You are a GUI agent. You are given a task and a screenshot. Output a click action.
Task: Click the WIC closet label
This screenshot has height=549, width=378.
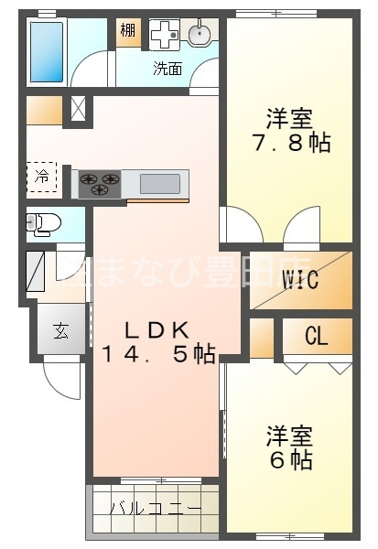[x=301, y=280]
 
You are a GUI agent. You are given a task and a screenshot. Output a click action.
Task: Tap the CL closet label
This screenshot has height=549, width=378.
[x=316, y=337]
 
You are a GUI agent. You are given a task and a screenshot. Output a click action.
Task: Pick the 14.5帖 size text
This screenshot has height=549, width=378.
[x=157, y=353]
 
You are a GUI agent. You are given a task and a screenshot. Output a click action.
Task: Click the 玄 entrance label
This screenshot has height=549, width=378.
[x=59, y=331]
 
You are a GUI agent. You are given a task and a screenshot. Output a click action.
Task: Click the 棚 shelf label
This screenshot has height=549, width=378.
[x=127, y=31]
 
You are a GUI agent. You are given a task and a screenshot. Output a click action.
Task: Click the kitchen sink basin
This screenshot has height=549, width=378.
[x=159, y=183]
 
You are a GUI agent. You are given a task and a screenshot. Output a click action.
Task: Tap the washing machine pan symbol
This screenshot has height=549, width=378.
[x=163, y=34]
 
